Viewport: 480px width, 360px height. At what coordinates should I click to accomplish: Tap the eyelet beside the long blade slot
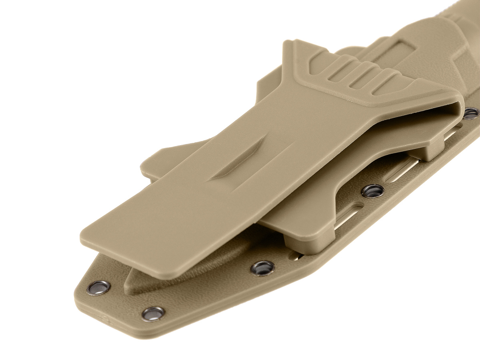pyautogui.click(x=373, y=190)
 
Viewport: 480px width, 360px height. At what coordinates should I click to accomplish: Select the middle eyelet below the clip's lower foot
pyautogui.click(x=263, y=268)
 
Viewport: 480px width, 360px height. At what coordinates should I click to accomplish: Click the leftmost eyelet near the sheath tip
pyautogui.click(x=98, y=288)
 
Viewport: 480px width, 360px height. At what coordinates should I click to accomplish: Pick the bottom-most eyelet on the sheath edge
pyautogui.click(x=153, y=313)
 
